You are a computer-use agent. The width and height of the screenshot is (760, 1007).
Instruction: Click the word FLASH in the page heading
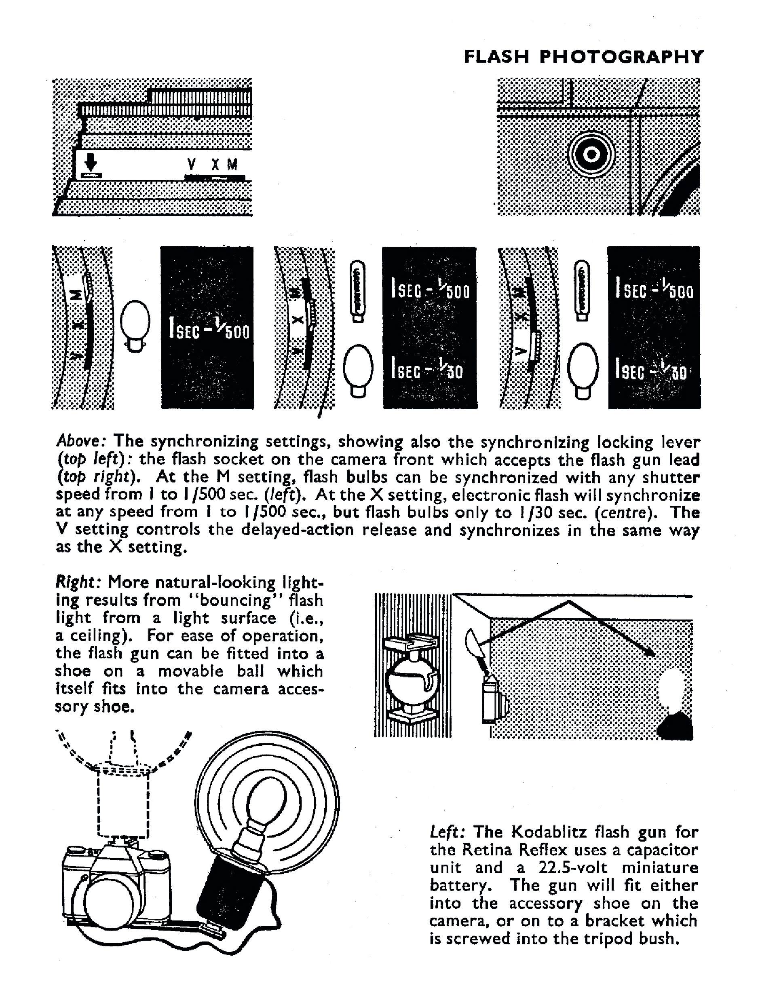click(x=496, y=57)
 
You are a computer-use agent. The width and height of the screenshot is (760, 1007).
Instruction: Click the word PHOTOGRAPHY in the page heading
click(x=622, y=57)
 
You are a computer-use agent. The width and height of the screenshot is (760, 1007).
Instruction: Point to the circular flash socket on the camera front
click(x=591, y=155)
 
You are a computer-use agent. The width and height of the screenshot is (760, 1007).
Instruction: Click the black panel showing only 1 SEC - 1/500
click(x=207, y=328)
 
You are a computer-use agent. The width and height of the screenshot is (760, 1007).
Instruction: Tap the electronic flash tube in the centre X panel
click(x=358, y=291)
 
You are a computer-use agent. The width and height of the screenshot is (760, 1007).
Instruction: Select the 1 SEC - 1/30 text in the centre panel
click(x=426, y=370)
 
